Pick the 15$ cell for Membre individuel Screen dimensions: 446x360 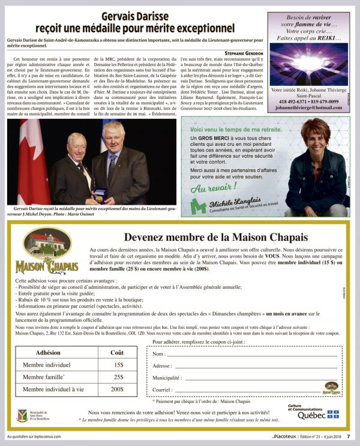(118, 364)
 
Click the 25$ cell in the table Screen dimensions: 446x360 (118, 377)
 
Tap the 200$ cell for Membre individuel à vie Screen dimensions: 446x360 (118, 389)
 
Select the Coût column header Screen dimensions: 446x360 (118, 352)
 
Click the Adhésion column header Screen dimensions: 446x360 (48, 352)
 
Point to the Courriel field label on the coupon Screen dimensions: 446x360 (163, 390)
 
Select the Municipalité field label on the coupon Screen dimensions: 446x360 (167, 378)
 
